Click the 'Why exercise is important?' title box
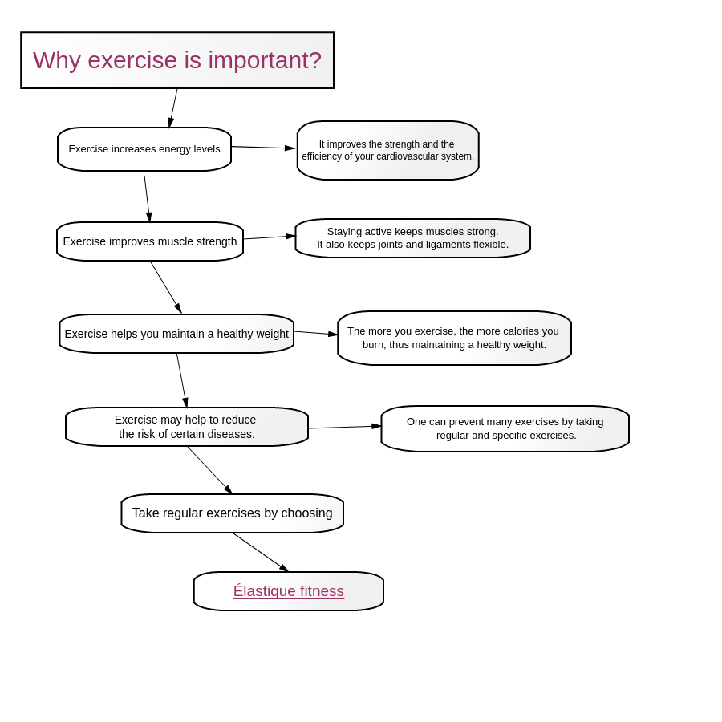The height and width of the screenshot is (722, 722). click(x=177, y=60)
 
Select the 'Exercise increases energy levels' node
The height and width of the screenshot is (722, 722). click(x=144, y=149)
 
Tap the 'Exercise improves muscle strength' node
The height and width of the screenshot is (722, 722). click(x=150, y=241)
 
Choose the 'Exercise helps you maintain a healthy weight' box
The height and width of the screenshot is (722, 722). click(x=176, y=334)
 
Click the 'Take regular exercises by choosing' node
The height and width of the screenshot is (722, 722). click(x=233, y=513)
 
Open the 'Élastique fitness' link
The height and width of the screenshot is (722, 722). click(x=289, y=590)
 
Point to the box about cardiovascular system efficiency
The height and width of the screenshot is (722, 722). click(x=388, y=150)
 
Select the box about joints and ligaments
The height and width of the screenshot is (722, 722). click(x=413, y=238)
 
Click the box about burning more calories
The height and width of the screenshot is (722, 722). click(x=455, y=338)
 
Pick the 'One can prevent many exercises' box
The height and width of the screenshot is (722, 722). click(x=505, y=428)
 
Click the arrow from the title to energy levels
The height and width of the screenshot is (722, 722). click(x=173, y=108)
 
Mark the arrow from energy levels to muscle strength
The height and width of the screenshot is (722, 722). click(x=148, y=198)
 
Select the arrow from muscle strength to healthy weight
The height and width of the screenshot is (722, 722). click(x=166, y=287)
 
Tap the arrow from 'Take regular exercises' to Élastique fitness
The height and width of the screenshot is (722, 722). click(x=261, y=553)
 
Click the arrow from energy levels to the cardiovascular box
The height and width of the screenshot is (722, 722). click(x=263, y=148)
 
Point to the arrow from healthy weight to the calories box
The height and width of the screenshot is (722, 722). click(x=316, y=333)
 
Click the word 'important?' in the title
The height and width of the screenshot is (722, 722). click(x=265, y=61)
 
